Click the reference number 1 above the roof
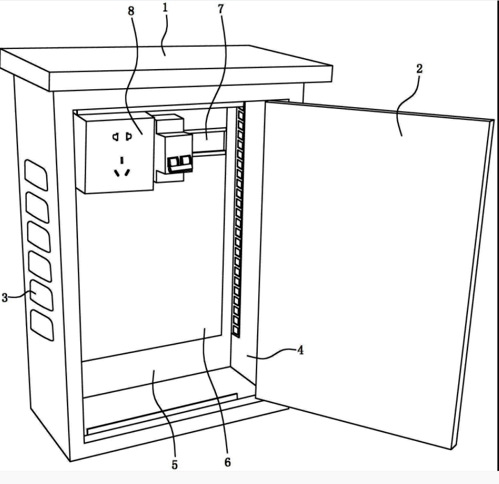click(164, 9)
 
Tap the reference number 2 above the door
click(418, 69)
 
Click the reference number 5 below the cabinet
click(174, 465)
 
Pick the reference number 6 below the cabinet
click(227, 463)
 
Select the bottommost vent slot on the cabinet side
click(42, 326)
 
